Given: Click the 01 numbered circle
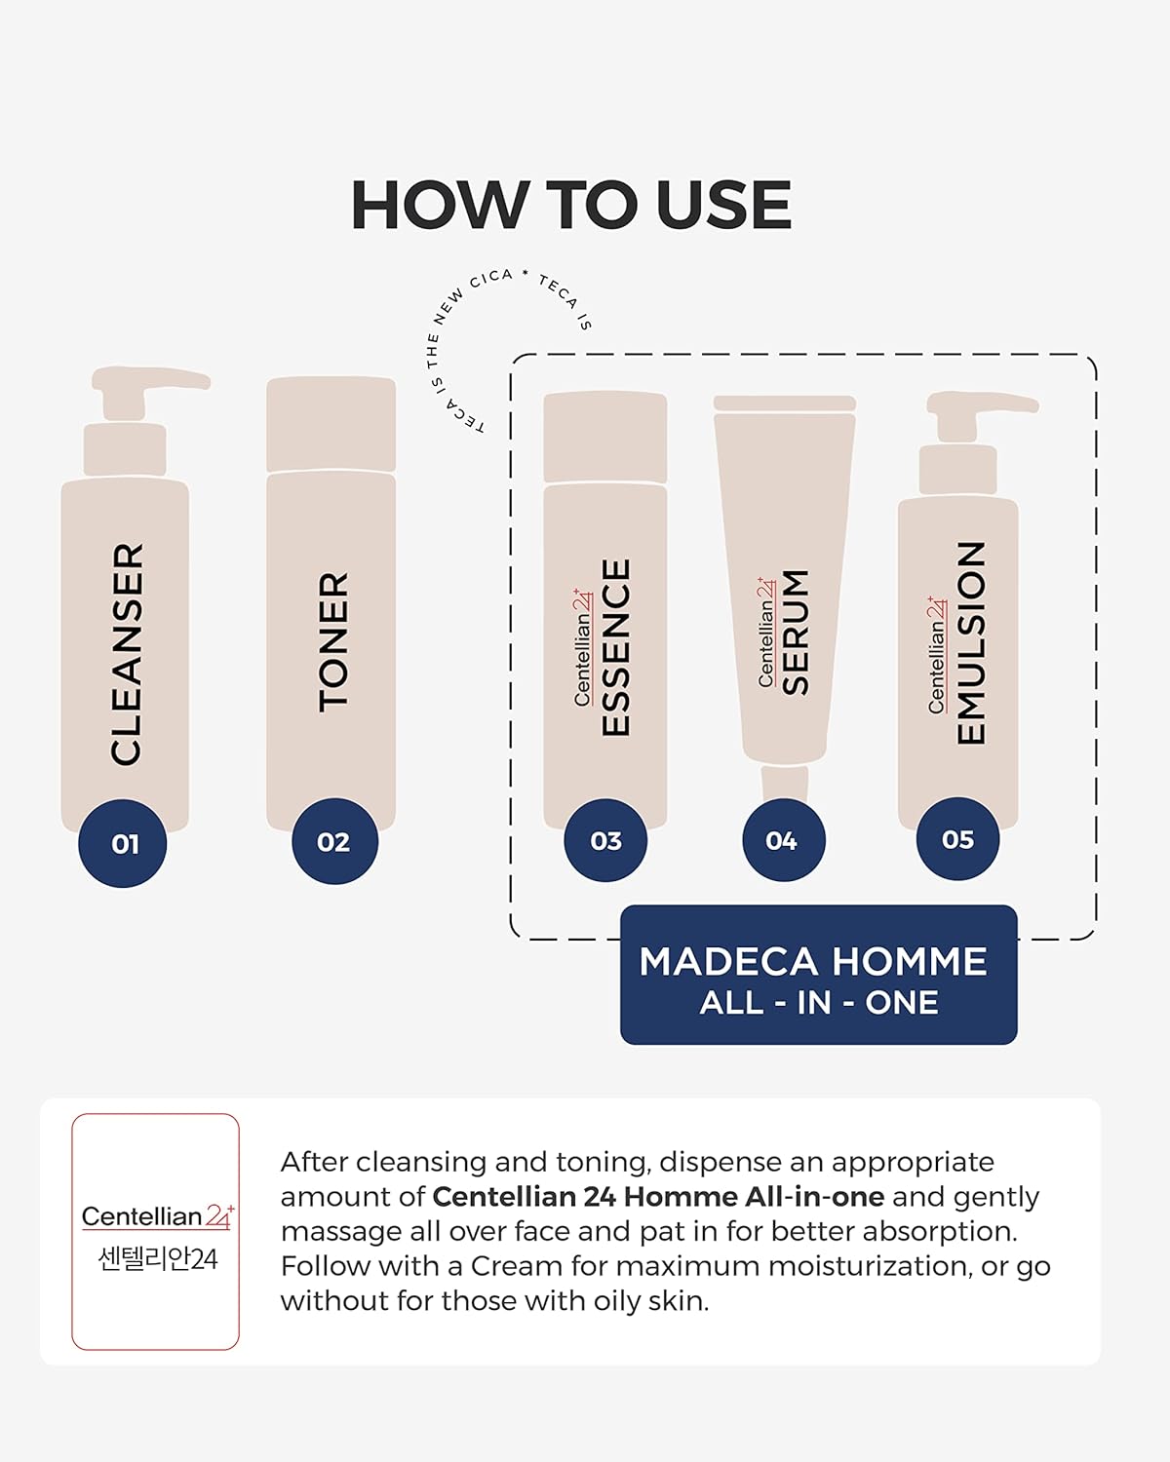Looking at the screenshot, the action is click(123, 843).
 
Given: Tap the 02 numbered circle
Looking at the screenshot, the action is click(334, 841).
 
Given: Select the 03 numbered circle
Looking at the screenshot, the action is click(605, 840).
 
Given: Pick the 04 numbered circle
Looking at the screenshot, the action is click(784, 840).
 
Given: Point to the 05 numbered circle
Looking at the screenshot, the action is click(957, 839).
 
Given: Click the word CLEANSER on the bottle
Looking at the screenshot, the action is click(127, 654).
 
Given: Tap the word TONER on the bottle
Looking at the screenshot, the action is click(333, 642).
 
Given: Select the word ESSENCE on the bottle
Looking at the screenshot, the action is click(616, 647).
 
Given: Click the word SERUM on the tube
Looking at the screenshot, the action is click(795, 632).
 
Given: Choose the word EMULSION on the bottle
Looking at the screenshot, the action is click(970, 642).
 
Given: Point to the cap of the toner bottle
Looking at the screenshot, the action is click(331, 424).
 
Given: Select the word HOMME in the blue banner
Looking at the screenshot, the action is click(910, 961).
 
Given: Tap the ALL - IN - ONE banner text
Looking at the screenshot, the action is click(819, 1003).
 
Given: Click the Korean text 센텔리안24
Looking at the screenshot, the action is click(158, 1259).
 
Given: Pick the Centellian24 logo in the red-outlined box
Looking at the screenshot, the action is click(158, 1216).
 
